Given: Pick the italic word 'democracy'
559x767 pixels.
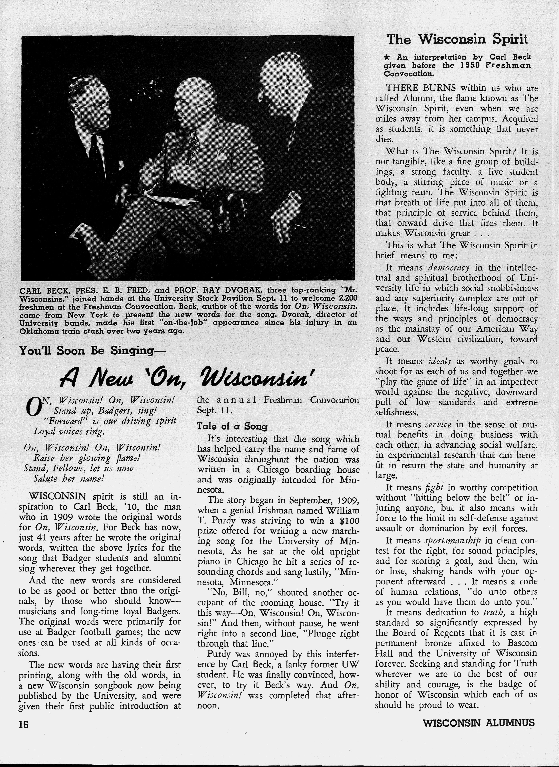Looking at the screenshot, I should click(449, 268).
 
